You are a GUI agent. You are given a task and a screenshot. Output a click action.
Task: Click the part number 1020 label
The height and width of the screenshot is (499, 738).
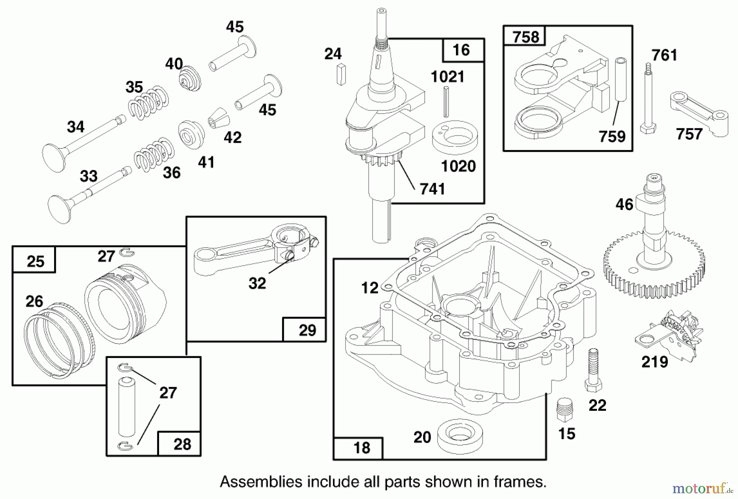click(458, 166)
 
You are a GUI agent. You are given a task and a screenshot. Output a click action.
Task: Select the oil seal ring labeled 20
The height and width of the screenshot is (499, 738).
click(460, 434)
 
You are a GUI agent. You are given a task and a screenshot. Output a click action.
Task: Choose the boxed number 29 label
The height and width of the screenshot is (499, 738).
click(307, 330)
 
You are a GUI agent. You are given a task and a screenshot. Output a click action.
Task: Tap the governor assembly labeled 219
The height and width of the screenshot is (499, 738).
click(667, 334)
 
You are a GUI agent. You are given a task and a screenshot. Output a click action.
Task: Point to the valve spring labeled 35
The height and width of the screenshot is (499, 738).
click(148, 103)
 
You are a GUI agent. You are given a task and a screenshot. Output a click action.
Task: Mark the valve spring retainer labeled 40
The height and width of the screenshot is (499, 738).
click(190, 78)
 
